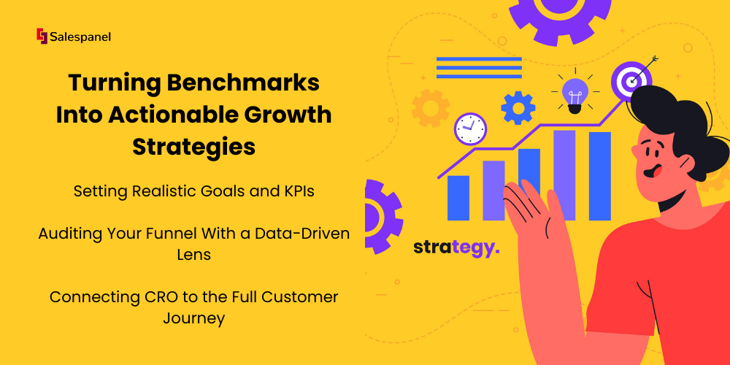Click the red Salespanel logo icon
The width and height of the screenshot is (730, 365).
coord(42,36)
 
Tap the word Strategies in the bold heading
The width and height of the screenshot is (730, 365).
coord(193,147)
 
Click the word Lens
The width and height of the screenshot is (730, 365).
coord(193,255)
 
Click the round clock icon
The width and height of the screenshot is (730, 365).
coord(470,128)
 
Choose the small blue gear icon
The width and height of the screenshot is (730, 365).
coord(518,108)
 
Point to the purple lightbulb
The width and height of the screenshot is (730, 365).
coord(575,94)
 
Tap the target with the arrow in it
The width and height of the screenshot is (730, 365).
coord(631,78)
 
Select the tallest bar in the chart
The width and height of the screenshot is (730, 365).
coord(564,175)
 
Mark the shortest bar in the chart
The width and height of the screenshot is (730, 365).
coord(458,198)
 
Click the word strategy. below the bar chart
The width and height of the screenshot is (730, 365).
coord(456,248)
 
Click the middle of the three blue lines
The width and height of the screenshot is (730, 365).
coord(479,67)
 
